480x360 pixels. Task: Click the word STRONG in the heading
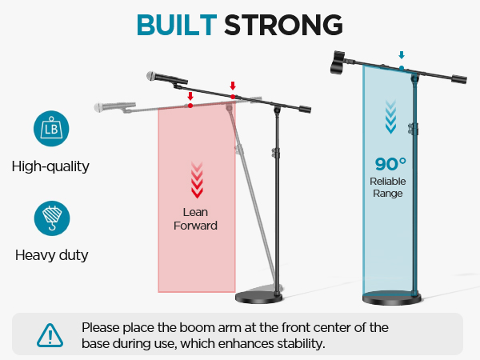pyautogui.click(x=283, y=24)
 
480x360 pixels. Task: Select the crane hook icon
pyautogui.click(x=50, y=218)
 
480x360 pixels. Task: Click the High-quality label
pyautogui.click(x=50, y=167)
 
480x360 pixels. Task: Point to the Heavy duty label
pyautogui.click(x=51, y=256)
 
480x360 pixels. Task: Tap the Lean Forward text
pyautogui.click(x=195, y=219)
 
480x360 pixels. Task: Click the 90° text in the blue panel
pyautogui.click(x=391, y=164)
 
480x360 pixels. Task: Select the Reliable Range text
pyautogui.click(x=388, y=187)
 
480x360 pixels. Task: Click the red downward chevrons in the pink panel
pyautogui.click(x=195, y=179)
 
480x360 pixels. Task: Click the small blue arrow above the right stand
pyautogui.click(x=402, y=56)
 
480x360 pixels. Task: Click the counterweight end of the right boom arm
pyautogui.click(x=458, y=79)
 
